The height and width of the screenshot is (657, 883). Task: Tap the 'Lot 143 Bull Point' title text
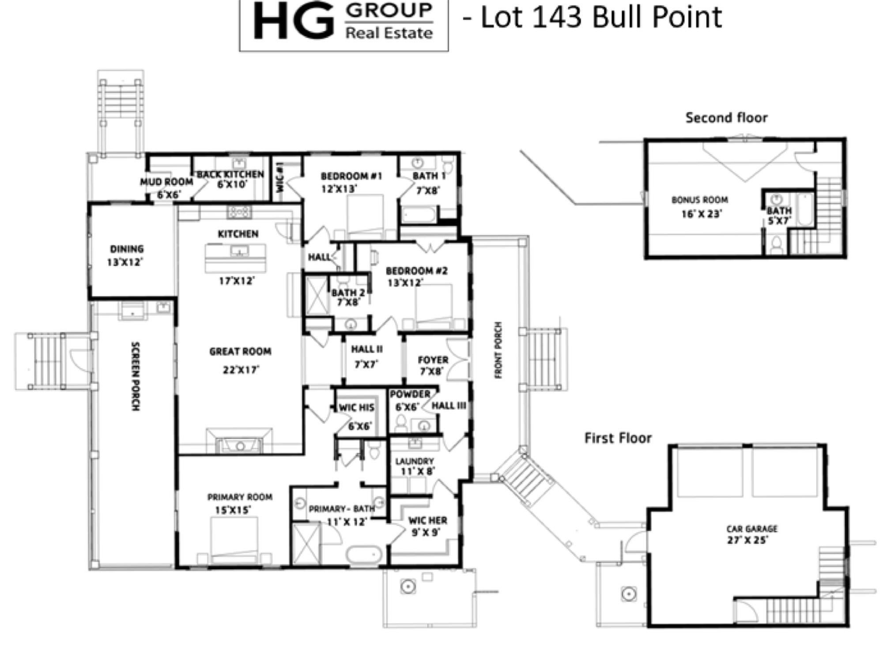coord(601,18)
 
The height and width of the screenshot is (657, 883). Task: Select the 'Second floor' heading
coord(726,118)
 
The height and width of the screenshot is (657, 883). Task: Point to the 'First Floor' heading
coord(618,438)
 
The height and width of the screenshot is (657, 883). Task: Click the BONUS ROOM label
coord(700,200)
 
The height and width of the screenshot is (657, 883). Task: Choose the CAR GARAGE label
coord(752,528)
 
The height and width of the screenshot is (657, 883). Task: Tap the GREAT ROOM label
coord(240,352)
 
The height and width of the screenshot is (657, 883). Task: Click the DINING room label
coord(127,249)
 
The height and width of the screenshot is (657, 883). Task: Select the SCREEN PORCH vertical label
coord(136,376)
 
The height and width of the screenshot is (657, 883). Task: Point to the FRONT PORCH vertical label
coord(498,350)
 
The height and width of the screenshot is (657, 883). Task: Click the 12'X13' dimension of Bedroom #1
coord(339,189)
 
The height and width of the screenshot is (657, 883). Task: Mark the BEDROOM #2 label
coord(417,270)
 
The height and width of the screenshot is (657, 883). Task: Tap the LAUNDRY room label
coord(415,461)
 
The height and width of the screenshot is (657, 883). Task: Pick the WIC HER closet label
coord(427,520)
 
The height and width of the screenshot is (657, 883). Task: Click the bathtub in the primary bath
coord(364,555)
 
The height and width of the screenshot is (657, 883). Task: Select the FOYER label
coord(433,360)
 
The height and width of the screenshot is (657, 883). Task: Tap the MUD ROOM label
coord(166,182)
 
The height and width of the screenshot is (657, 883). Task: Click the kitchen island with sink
coord(235,258)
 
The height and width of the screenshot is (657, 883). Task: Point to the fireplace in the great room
coord(239,441)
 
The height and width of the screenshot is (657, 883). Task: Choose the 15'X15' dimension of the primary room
coord(233,510)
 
